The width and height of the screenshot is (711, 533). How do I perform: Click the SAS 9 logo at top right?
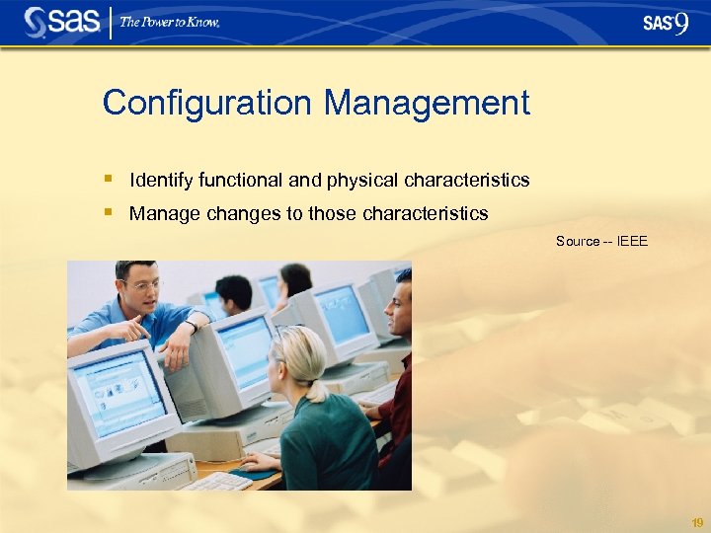[x=665, y=23]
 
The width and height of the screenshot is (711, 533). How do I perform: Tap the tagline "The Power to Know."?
[x=170, y=22]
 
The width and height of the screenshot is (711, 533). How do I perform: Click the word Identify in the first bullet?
[x=161, y=181]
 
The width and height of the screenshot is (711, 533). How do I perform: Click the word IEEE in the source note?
[x=632, y=241]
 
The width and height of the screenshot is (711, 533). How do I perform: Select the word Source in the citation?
[x=577, y=241]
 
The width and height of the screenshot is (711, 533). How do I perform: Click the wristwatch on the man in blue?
[x=191, y=325]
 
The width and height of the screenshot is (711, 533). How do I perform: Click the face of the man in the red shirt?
[x=399, y=306]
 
